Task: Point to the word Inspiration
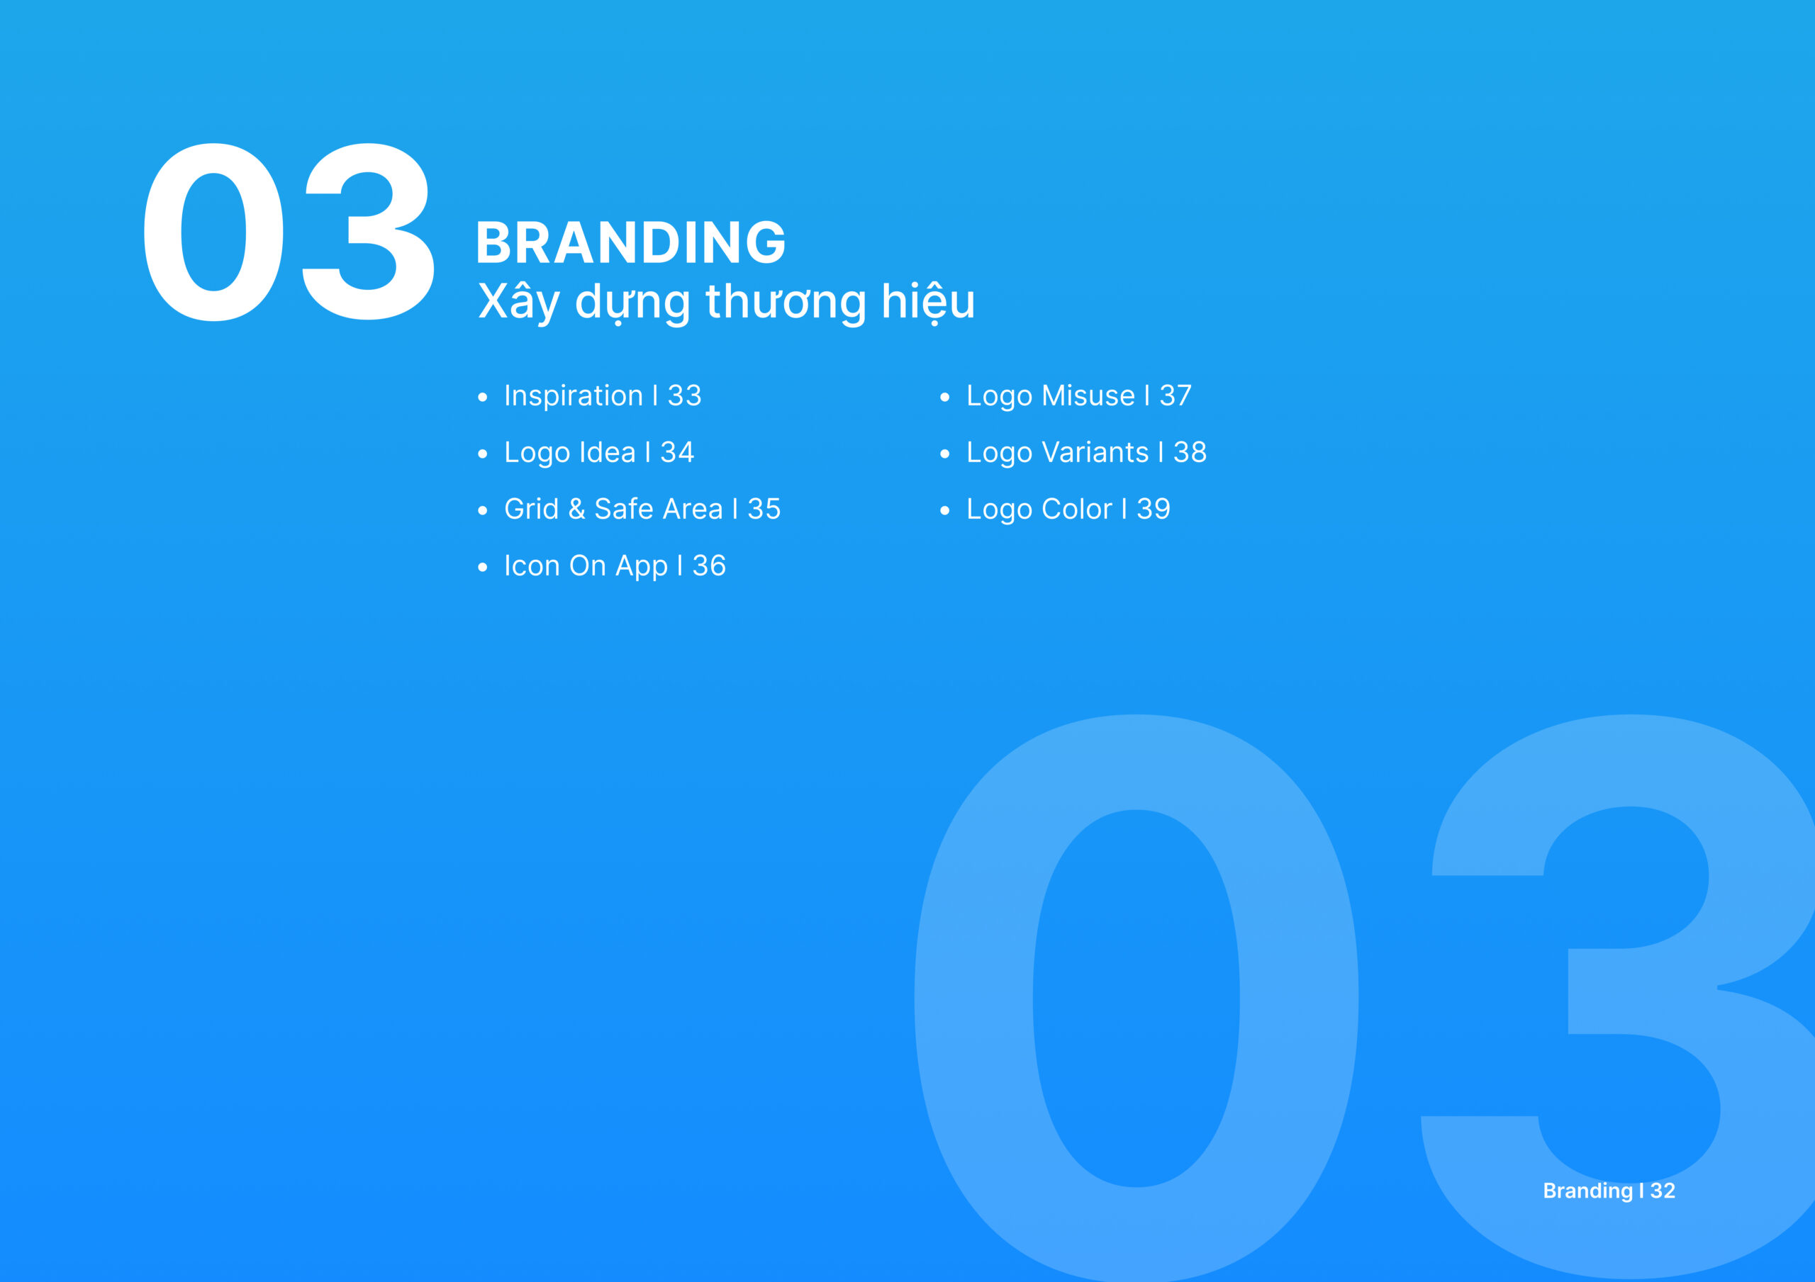coord(574,396)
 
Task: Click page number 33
coord(685,395)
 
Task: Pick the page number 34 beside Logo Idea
coord(678,452)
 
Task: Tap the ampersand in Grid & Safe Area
coord(577,509)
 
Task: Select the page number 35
coord(764,509)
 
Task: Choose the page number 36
coord(709,566)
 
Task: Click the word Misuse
coord(1089,395)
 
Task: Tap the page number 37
coord(1175,395)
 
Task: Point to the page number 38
coord(1190,452)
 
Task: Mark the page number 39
coord(1154,509)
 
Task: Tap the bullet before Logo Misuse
coord(944,398)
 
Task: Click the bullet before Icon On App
coord(482,568)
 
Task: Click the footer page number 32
coord(1663,1191)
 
